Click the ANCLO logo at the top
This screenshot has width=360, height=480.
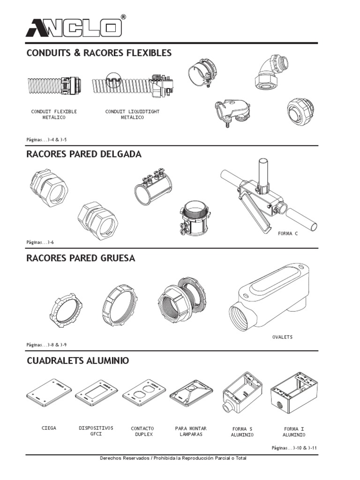tap(74, 28)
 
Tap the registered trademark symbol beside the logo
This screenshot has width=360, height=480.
tap(123, 17)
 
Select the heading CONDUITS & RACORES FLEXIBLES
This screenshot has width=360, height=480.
tap(99, 52)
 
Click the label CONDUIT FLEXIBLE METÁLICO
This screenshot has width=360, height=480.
tap(54, 114)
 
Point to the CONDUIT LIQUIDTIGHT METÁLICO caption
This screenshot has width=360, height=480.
tap(132, 114)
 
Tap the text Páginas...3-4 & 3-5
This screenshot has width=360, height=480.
tap(46, 140)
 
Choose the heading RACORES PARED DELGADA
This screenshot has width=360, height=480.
tap(84, 154)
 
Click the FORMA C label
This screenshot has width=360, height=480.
tap(288, 233)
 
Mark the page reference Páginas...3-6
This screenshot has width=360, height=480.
tap(40, 242)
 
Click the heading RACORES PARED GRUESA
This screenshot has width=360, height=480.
tap(81, 258)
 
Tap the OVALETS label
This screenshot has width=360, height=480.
tap(282, 337)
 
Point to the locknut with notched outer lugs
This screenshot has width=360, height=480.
tap(66, 310)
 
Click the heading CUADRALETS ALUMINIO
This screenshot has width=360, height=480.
tap(78, 360)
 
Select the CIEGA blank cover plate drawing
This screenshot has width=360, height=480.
tap(49, 393)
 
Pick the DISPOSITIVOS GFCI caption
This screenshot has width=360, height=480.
tap(96, 431)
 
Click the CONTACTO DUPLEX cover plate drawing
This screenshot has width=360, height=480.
tap(144, 393)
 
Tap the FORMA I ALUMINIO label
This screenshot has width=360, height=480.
tap(294, 432)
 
